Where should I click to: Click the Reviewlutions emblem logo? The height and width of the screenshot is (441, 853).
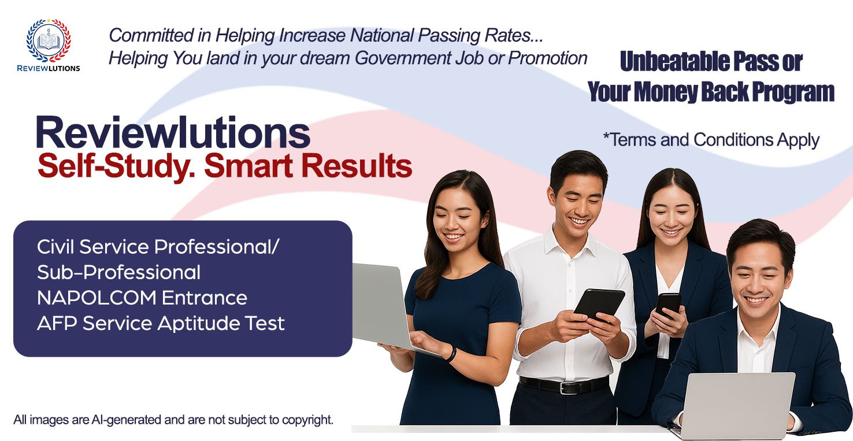[x=49, y=41]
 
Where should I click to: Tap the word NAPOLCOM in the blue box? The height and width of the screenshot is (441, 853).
[x=97, y=298]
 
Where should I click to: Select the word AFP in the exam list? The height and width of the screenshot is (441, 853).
[x=57, y=323]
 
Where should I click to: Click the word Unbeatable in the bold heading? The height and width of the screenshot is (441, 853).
[x=674, y=61]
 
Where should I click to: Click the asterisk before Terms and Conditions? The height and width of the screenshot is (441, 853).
[x=606, y=136]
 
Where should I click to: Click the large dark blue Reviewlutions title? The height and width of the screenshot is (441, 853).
[x=173, y=132]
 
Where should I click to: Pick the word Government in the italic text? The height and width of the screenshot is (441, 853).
[x=402, y=58]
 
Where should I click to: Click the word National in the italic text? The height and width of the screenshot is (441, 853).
[x=381, y=35]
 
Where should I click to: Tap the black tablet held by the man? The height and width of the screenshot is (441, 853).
[x=599, y=303]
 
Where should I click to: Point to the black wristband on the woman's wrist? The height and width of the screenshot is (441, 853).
[x=451, y=354]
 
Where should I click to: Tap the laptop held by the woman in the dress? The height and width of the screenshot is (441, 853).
[x=392, y=309]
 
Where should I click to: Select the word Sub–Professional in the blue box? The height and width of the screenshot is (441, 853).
[x=119, y=272]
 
